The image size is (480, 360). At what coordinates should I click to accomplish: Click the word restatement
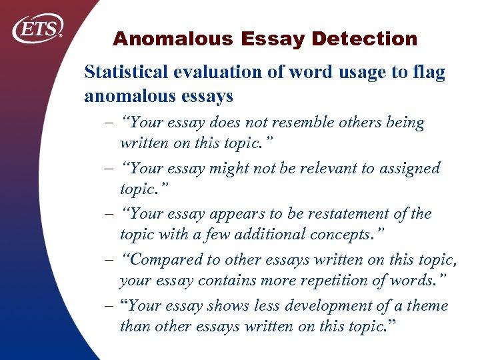[x=343, y=214]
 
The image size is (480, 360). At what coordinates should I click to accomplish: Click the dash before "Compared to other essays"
[x=109, y=260]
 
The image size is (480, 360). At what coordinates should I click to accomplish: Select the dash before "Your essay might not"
[x=109, y=168]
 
